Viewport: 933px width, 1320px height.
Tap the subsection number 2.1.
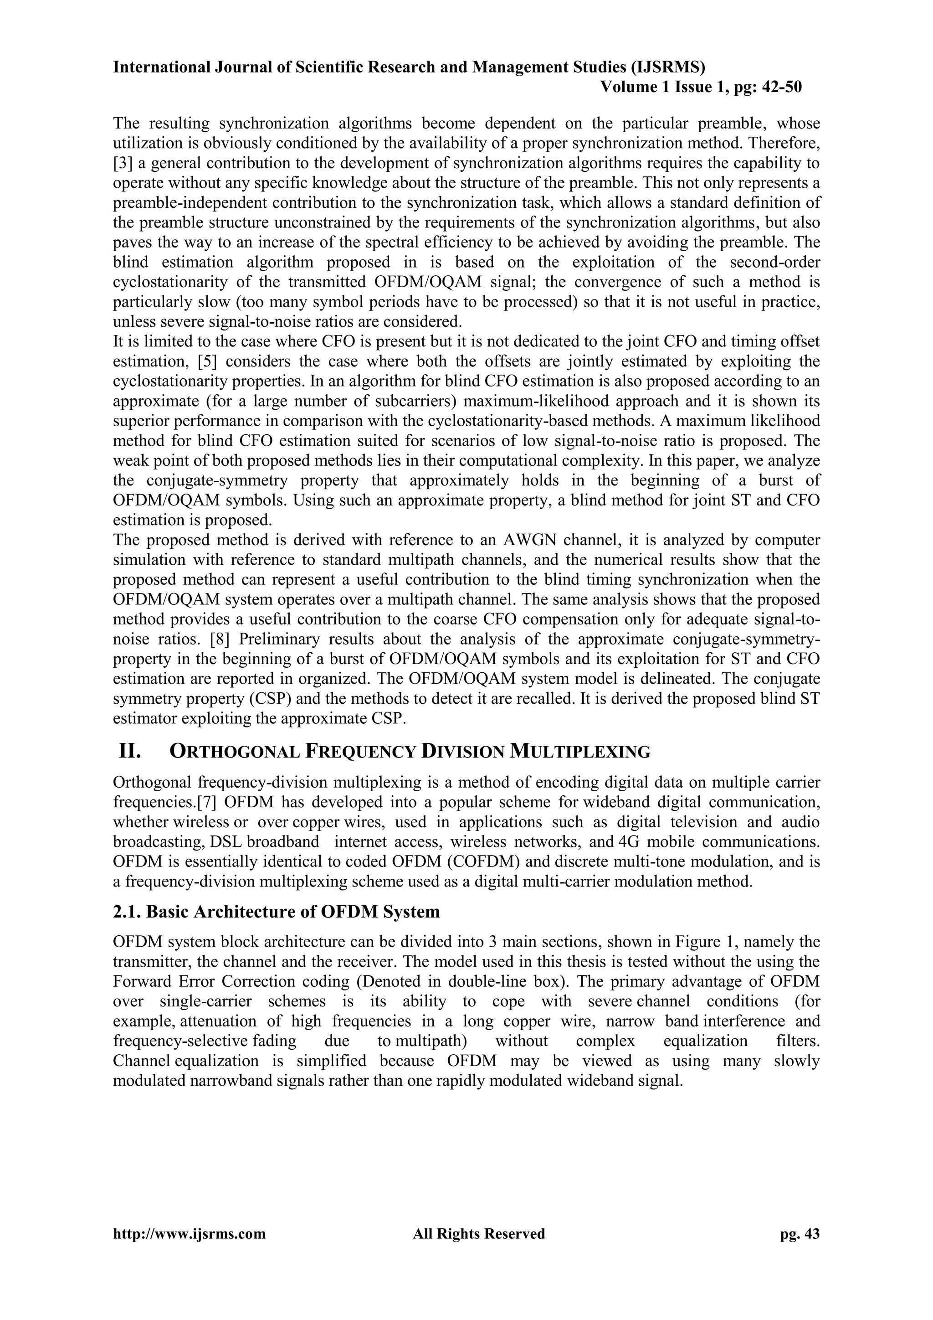[128, 912]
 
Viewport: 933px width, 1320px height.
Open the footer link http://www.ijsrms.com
[190, 1234]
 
